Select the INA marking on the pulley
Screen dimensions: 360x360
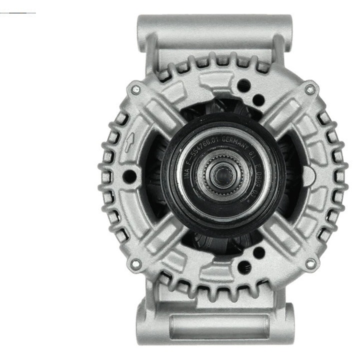point(187,172)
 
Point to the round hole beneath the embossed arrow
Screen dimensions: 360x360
point(129,175)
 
